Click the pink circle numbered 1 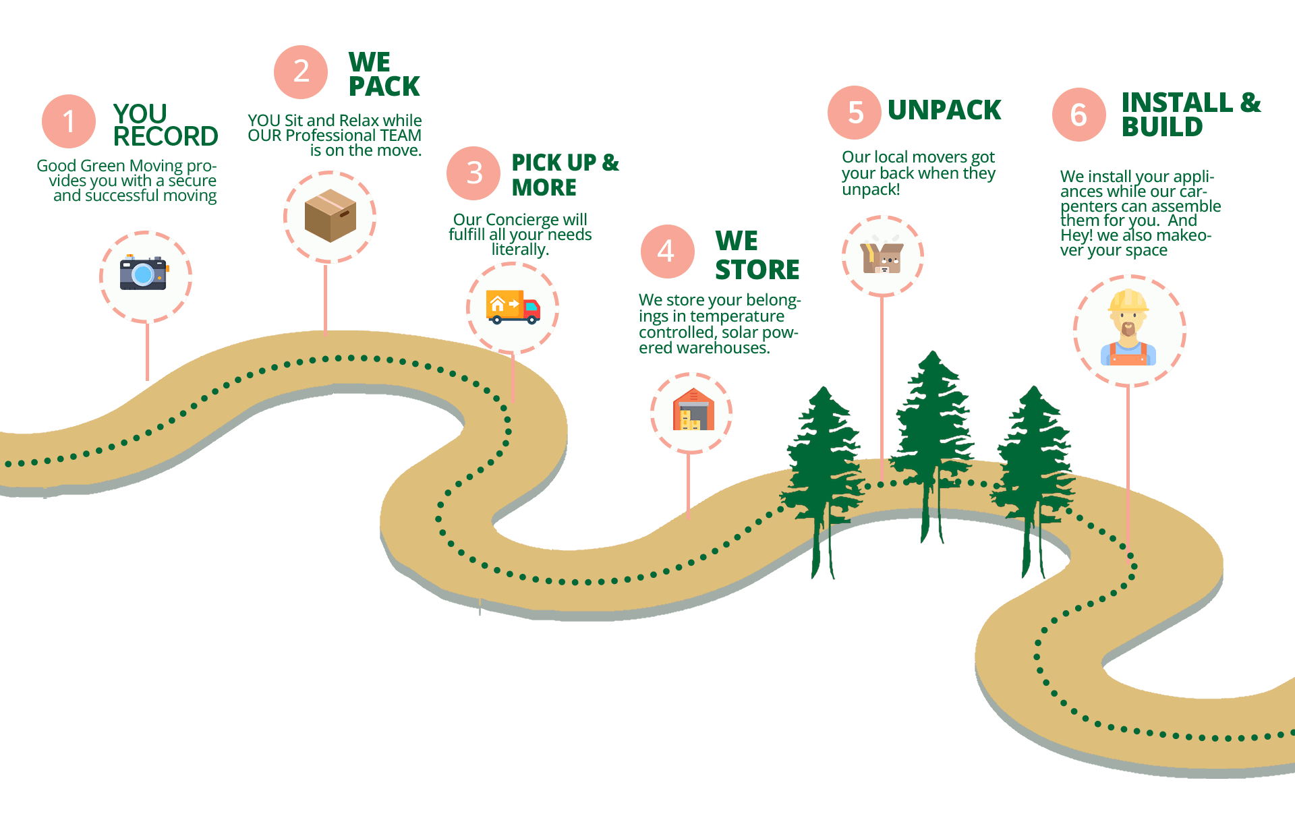pyautogui.click(x=69, y=121)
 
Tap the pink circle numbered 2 pyautogui.click(x=301, y=71)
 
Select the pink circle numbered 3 pyautogui.click(x=473, y=173)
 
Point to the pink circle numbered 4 pyautogui.click(x=667, y=251)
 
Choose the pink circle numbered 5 pyautogui.click(x=855, y=113)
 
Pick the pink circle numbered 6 pyautogui.click(x=1078, y=115)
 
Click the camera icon pyautogui.click(x=144, y=273)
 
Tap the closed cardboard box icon pyautogui.click(x=330, y=216)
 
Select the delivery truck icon pyautogui.click(x=513, y=307)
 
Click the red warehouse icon pyautogui.click(x=693, y=411)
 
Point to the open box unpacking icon pyautogui.click(x=882, y=256)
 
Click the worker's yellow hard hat pyautogui.click(x=1128, y=301)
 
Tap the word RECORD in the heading pyautogui.click(x=166, y=136)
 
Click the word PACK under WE pyautogui.click(x=384, y=87)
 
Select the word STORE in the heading pyautogui.click(x=757, y=270)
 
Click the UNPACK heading pyautogui.click(x=944, y=111)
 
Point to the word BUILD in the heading pyautogui.click(x=1162, y=127)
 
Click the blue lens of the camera pyautogui.click(x=142, y=274)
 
